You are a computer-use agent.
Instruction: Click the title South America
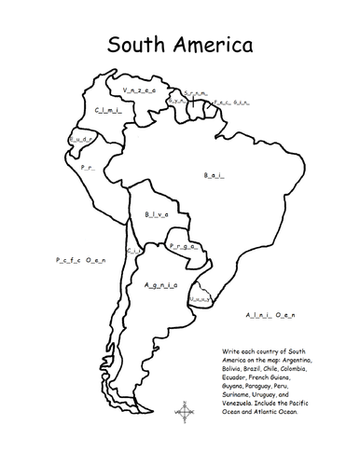(179, 44)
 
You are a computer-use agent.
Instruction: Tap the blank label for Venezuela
(138, 89)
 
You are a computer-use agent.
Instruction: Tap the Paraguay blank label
(182, 248)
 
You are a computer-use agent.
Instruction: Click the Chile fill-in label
(133, 251)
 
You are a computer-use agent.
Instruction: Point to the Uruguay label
(199, 299)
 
